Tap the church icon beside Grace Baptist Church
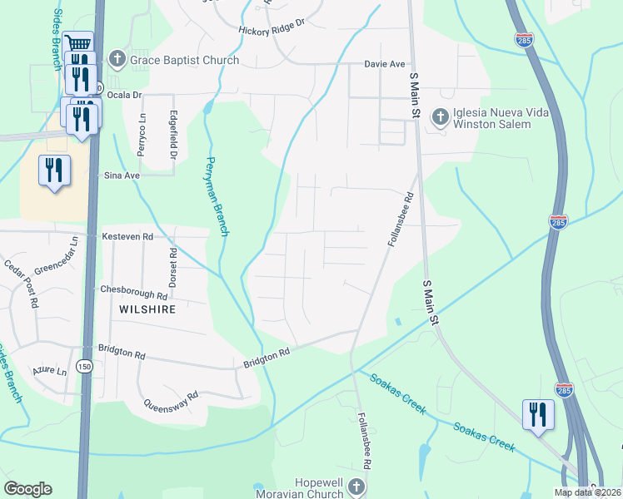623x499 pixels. click(x=117, y=59)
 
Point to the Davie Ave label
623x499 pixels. click(x=384, y=64)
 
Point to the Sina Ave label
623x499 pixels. click(x=121, y=175)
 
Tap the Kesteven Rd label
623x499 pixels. click(x=127, y=237)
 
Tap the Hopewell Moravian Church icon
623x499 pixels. click(x=356, y=487)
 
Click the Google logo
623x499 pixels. click(x=27, y=489)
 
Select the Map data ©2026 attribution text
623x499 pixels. click(x=586, y=492)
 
